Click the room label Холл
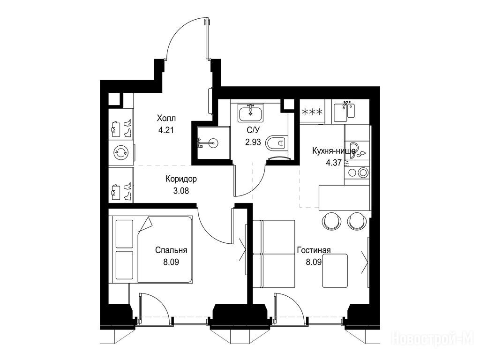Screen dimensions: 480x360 point(166,118)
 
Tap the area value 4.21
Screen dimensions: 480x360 point(166,130)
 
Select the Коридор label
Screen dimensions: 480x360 point(181,179)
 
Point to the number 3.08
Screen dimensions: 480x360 point(181,191)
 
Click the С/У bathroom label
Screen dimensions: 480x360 point(253,130)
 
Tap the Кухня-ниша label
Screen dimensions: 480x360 point(334,150)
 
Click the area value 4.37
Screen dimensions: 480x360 point(334,163)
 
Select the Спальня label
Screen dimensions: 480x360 point(171,250)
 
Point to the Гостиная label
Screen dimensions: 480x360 point(314,250)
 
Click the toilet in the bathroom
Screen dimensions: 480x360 point(277,142)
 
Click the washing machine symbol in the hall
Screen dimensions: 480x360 point(120,152)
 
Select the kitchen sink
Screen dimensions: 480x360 point(344,112)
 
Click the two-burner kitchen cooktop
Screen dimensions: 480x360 point(357,172)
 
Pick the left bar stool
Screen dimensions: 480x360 point(331,221)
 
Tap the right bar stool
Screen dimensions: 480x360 point(357,221)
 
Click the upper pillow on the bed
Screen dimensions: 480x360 point(125,233)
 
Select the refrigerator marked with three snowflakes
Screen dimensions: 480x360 point(312,112)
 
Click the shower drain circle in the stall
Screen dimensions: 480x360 point(214,142)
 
